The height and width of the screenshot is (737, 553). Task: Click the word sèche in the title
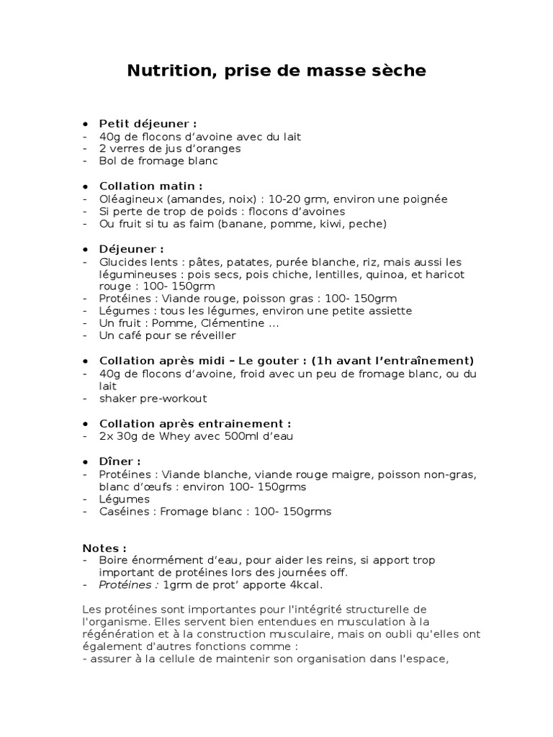coord(400,71)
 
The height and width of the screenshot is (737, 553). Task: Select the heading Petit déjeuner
coord(148,123)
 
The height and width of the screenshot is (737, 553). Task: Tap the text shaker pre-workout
coord(153,398)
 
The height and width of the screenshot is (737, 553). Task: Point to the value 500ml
coord(234,435)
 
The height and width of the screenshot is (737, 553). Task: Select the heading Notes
coord(104,548)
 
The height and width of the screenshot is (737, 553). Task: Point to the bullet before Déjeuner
coord(86,249)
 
